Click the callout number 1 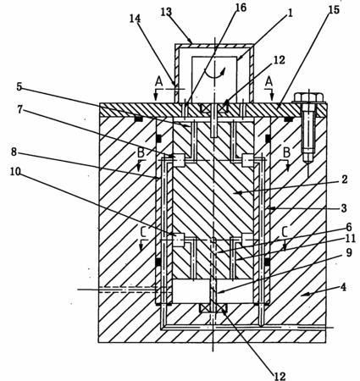click(290, 13)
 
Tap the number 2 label click(344, 179)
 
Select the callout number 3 click(344, 208)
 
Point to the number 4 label click(343, 288)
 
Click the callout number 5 click(19, 87)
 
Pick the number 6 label click(349, 227)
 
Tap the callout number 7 click(19, 110)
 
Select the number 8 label click(14, 152)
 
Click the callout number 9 click(349, 252)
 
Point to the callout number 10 click(15, 172)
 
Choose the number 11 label click(350, 239)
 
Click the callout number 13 click(166, 12)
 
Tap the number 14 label click(135, 19)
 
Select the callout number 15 click(334, 10)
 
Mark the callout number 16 click(241, 8)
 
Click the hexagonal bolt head click(309, 97)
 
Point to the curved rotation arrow click(214, 72)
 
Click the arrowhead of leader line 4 click(302, 295)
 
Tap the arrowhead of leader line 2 click(235, 193)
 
